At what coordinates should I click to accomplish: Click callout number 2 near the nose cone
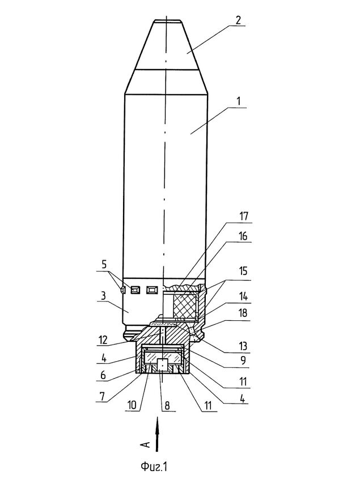pos(238,20)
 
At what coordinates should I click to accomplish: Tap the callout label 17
pos(243,217)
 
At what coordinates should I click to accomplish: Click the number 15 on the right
pos(243,271)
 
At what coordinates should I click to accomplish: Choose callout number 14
pos(243,296)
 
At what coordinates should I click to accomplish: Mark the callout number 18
pos(243,313)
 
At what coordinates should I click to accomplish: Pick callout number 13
pos(243,346)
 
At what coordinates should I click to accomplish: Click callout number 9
pos(243,361)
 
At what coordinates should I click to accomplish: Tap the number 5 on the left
pos(104,265)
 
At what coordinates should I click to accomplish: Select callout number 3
pos(103,295)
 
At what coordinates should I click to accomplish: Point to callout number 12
pos(103,340)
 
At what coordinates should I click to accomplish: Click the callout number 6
pos(103,375)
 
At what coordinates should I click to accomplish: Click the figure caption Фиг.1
pos(154,467)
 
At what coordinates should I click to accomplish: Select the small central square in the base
pos(163,364)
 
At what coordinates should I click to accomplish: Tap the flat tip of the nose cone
pos(167,21)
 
